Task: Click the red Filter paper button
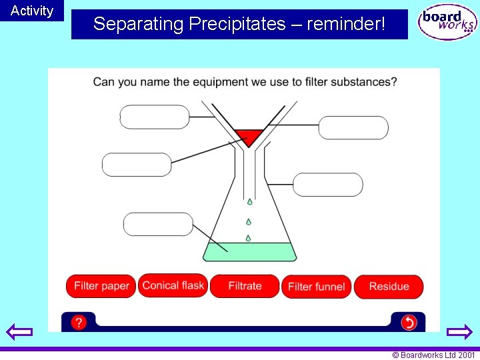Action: click(101, 286)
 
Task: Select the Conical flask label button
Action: click(173, 285)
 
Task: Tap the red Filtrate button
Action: click(245, 286)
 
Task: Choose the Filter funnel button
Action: click(316, 287)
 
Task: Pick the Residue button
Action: click(389, 287)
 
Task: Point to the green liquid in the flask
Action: click(249, 253)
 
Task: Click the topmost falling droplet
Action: click(250, 201)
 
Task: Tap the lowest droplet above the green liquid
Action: click(248, 238)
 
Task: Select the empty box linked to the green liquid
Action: click(158, 224)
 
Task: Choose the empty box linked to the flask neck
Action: click(328, 185)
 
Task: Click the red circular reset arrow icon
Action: click(409, 323)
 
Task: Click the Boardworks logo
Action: click(447, 23)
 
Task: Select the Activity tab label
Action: click(32, 11)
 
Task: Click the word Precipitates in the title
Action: click(237, 25)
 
